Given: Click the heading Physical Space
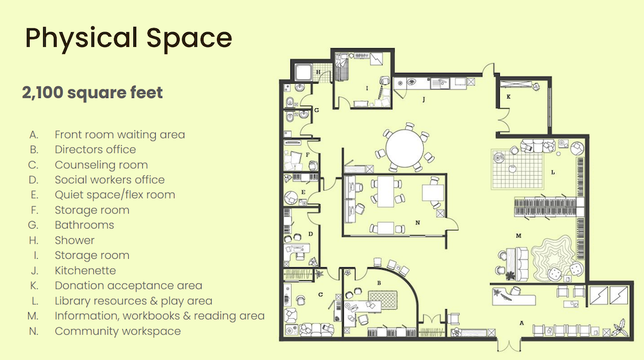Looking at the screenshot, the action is pyautogui.click(x=129, y=38).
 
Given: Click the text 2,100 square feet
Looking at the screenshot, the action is pyautogui.click(x=92, y=92).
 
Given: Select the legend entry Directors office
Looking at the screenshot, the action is pyautogui.click(x=95, y=149).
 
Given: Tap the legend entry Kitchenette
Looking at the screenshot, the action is pyautogui.click(x=86, y=270).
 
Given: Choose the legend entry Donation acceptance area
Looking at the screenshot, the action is pyautogui.click(x=129, y=285).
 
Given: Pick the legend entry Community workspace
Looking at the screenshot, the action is pyautogui.click(x=118, y=331).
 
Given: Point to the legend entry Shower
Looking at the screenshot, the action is pyautogui.click(x=75, y=240).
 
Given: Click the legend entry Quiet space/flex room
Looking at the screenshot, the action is pyautogui.click(x=115, y=194).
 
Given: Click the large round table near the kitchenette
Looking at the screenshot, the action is pyautogui.click(x=404, y=148).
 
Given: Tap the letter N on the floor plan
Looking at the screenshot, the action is pyautogui.click(x=418, y=222).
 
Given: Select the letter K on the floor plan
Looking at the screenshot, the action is pyautogui.click(x=509, y=97).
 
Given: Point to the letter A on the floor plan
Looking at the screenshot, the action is pyautogui.click(x=522, y=323).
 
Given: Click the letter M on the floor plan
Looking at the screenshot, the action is pyautogui.click(x=518, y=236).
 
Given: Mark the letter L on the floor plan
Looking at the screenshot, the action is pyautogui.click(x=553, y=173).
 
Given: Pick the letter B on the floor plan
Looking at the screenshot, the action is pyautogui.click(x=379, y=283).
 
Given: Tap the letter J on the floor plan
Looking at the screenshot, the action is pyautogui.click(x=424, y=99).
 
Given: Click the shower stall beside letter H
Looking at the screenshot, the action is pyautogui.click(x=303, y=72).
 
